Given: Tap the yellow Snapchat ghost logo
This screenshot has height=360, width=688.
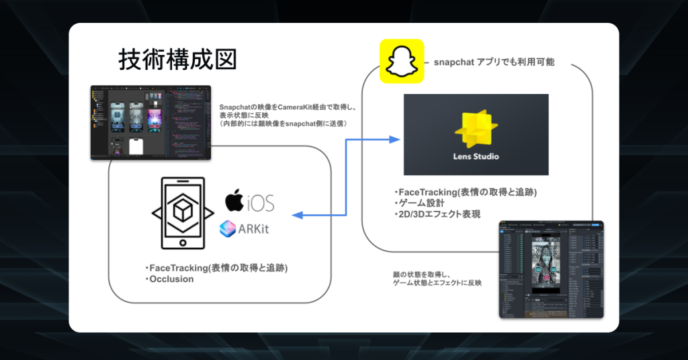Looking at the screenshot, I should pos(402,62).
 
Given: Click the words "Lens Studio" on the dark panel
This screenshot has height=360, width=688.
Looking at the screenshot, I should pos(476,157).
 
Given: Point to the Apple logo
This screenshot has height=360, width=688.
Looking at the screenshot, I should pos(234,201).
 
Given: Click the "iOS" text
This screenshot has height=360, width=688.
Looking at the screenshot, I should pos(260,202).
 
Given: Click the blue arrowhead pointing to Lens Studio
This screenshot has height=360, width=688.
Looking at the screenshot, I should pos(395,140).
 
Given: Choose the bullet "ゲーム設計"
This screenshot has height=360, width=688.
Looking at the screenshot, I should pos(419,204).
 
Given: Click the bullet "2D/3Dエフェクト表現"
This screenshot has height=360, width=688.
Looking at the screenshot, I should pos(437,214).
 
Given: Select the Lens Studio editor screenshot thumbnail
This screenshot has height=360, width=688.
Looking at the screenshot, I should pos(551,269).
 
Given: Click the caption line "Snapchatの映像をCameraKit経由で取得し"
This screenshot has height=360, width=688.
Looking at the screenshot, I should pos(292,106).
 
